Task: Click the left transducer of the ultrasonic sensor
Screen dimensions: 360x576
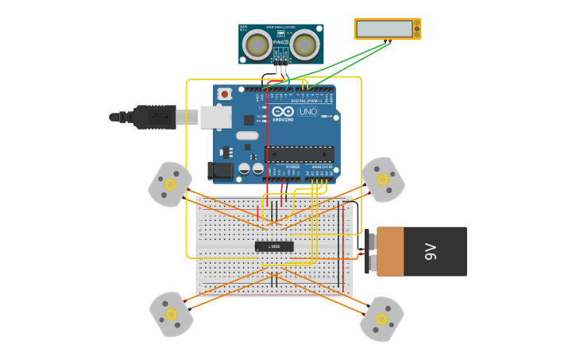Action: [x=257, y=45]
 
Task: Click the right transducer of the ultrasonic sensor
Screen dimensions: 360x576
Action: [x=305, y=45]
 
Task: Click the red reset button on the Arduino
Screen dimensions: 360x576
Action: [x=224, y=94]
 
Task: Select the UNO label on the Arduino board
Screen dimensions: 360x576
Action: [x=307, y=112]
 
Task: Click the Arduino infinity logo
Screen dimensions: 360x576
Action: [x=283, y=111]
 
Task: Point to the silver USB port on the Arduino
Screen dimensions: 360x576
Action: [x=215, y=118]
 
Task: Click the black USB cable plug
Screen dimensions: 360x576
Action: [x=155, y=117]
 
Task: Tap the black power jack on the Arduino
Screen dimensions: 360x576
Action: [x=220, y=170]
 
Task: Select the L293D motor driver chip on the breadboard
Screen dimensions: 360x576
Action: [x=274, y=246]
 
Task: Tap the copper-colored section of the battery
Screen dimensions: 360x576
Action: [x=390, y=251]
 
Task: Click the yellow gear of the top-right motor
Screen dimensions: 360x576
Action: [x=382, y=180]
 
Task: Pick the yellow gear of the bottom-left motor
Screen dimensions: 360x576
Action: [x=171, y=314]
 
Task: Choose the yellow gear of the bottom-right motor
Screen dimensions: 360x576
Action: [x=381, y=319]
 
